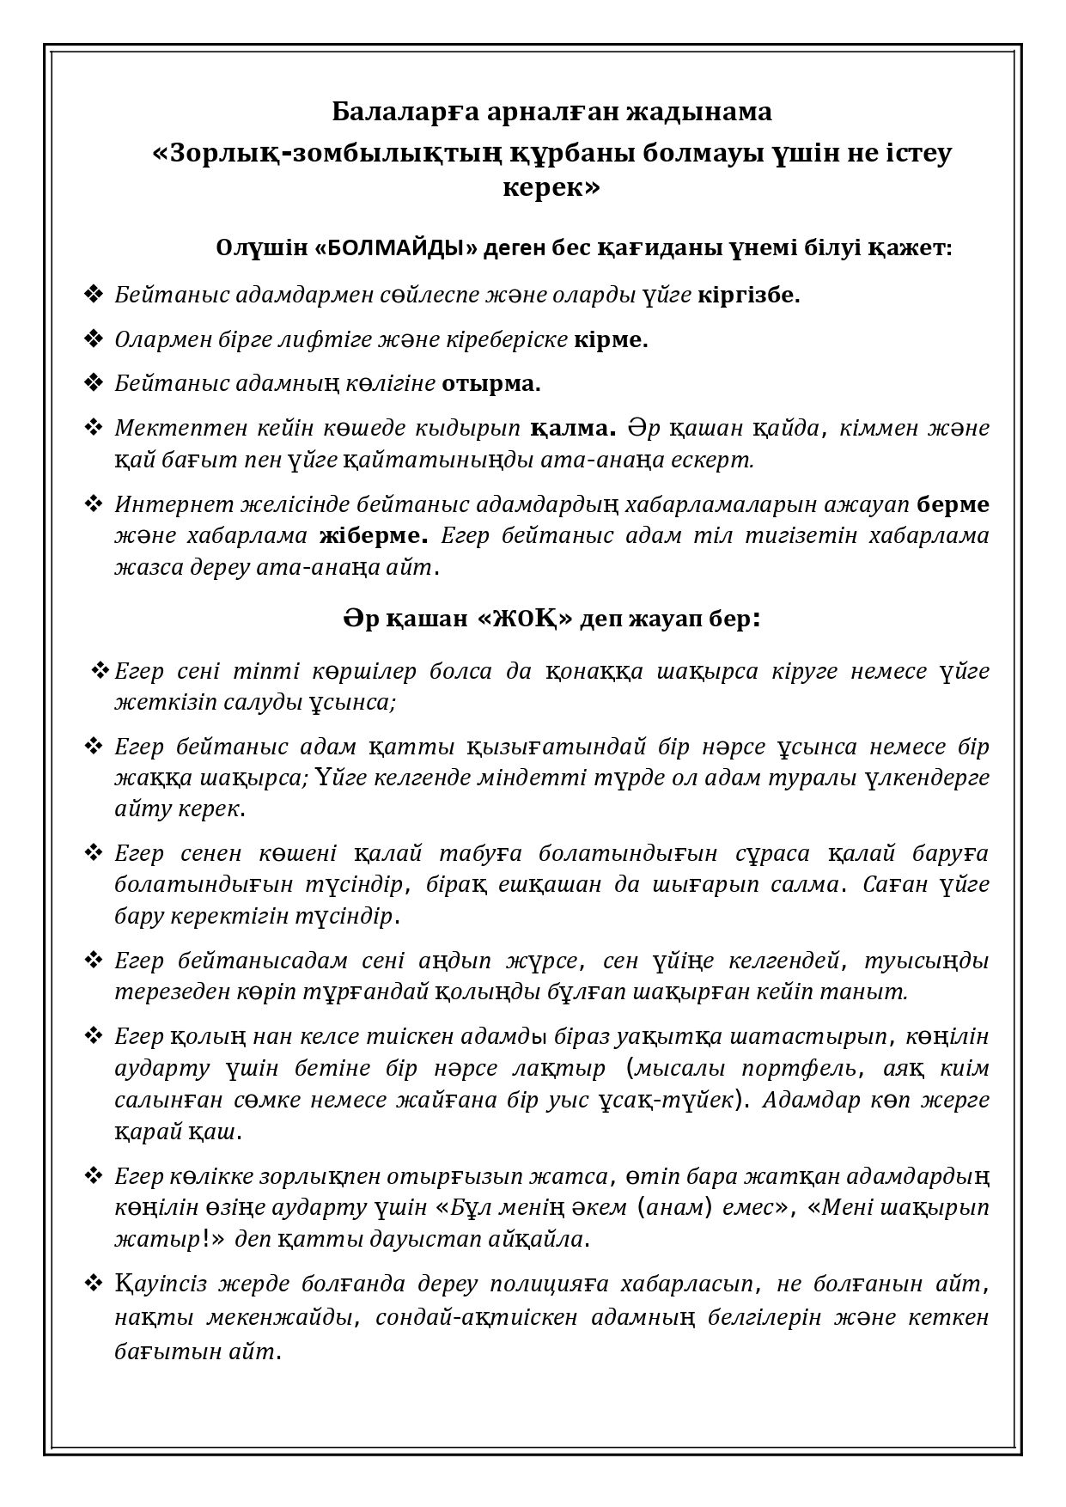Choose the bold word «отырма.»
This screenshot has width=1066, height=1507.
[491, 383]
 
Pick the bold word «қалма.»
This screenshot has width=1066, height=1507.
[574, 428]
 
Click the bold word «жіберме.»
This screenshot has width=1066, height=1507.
[374, 536]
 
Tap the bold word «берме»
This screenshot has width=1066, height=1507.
[953, 504]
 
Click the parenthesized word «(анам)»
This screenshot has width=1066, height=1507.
[675, 1207]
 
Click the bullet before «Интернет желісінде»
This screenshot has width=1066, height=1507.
[93, 504]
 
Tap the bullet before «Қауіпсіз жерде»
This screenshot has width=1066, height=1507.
[93, 1284]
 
